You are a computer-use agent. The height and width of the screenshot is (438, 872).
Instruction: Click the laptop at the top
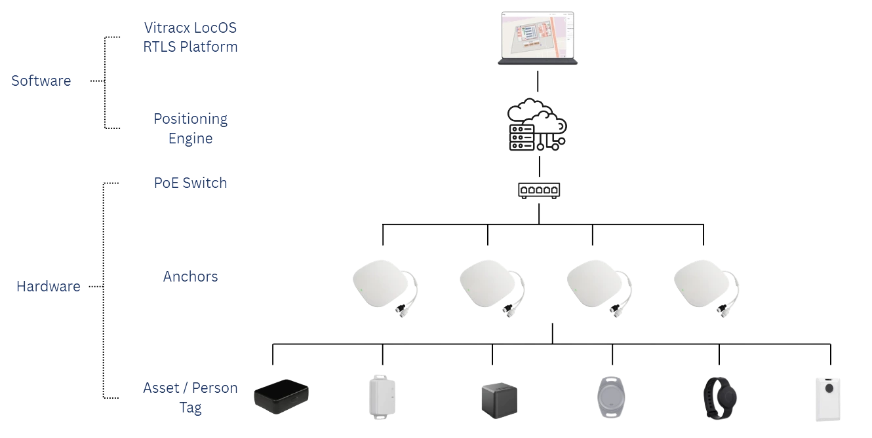click(538, 39)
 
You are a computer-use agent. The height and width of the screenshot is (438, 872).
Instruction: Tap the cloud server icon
click(537, 125)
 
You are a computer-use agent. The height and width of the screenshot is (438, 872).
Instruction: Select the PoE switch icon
click(538, 190)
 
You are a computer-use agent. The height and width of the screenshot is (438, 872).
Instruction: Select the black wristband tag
click(721, 396)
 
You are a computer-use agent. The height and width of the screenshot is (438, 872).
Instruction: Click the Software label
click(41, 81)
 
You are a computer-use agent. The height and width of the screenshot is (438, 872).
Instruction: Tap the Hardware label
click(48, 286)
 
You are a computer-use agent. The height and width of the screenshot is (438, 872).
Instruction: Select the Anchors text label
click(191, 276)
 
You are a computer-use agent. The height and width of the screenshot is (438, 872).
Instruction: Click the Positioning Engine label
click(190, 128)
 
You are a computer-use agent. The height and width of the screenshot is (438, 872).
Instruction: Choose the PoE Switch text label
click(191, 182)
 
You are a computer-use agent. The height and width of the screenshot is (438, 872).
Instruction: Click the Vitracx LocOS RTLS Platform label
click(190, 37)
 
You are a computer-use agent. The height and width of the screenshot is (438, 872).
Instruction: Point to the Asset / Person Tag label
click(190, 397)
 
